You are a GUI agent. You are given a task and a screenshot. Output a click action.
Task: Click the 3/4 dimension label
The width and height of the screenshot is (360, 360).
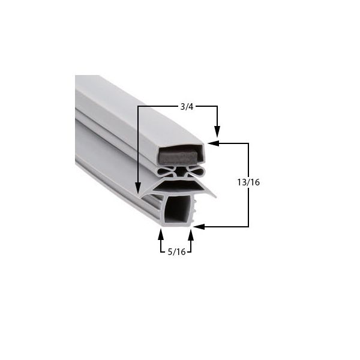[187, 107]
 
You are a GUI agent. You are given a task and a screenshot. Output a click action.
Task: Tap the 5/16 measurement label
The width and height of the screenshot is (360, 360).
[176, 252]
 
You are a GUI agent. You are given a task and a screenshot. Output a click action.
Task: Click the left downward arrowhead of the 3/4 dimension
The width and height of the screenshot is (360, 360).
[139, 187]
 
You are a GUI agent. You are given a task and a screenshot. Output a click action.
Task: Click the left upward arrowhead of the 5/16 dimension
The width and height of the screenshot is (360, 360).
[160, 232]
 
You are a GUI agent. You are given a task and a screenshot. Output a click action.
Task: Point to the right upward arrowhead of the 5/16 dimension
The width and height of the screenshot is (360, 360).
[191, 232]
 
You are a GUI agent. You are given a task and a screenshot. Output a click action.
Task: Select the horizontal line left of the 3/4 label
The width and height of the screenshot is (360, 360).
[159, 107]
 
